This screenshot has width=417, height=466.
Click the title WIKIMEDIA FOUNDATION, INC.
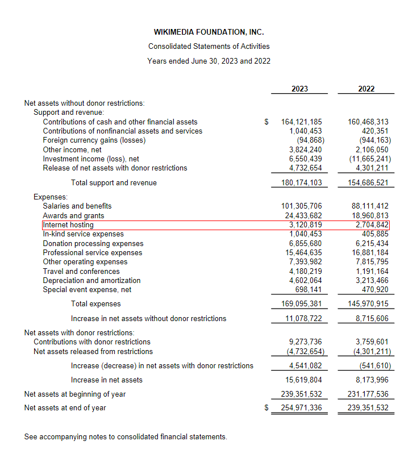point(208,32)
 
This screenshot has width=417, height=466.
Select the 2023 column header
point(299,89)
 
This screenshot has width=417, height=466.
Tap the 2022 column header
point(366,89)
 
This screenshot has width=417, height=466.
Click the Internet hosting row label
point(68,225)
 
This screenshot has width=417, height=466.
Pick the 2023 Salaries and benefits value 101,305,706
point(301,206)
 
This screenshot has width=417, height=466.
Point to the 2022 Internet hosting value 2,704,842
point(369,225)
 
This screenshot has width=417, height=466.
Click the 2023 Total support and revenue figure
point(301,183)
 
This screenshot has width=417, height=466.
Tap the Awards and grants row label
point(73,216)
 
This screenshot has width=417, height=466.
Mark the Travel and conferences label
point(81,271)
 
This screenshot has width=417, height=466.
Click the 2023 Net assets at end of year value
point(301,408)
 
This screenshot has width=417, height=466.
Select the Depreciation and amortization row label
point(91,281)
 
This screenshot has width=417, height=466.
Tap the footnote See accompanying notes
point(126,437)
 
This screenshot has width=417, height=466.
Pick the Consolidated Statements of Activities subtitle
point(208,47)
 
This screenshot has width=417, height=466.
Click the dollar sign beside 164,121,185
point(266,122)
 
